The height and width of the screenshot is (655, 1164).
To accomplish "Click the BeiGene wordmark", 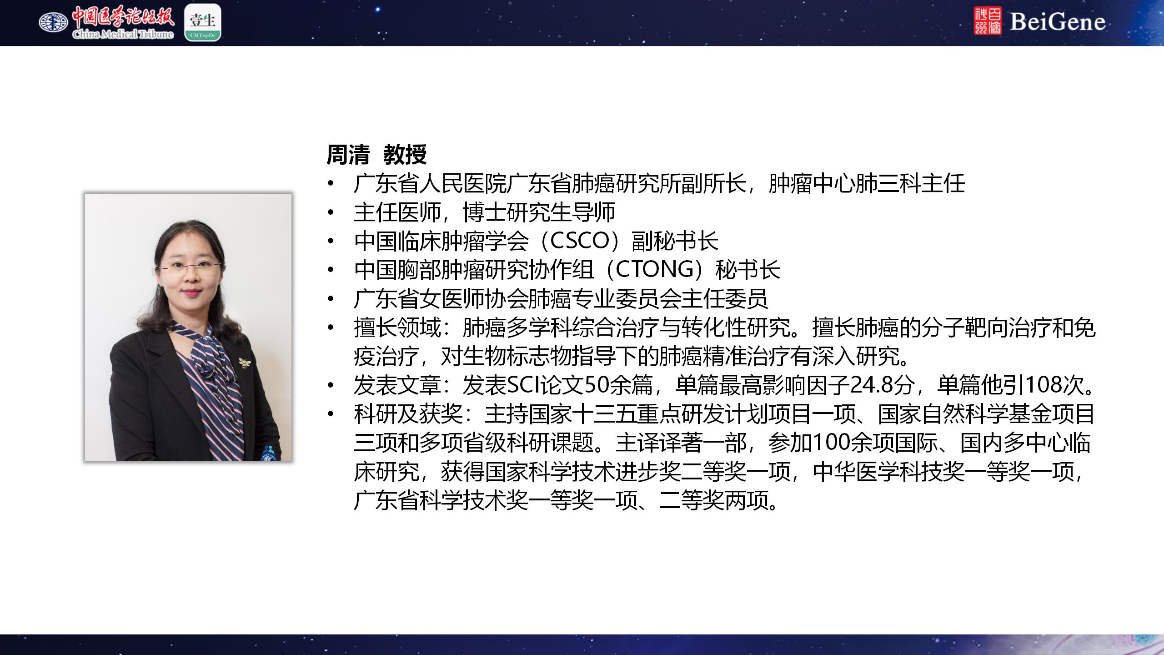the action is (x=1058, y=22).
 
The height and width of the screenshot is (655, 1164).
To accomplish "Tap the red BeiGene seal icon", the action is (x=988, y=21).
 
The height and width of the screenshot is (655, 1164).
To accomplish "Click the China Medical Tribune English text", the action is (x=123, y=34).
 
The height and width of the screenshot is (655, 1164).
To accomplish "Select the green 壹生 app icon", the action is (x=203, y=22).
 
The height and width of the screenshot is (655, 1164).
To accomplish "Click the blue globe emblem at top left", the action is (x=53, y=22).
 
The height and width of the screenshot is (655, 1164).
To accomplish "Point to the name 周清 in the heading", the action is (x=348, y=155).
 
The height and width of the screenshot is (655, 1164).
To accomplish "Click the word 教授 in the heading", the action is (x=405, y=155).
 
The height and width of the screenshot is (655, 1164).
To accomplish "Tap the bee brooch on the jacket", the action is (x=245, y=363).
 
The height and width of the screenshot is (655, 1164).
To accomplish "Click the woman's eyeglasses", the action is (x=190, y=267).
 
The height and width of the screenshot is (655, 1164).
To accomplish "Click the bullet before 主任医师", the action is (x=331, y=212).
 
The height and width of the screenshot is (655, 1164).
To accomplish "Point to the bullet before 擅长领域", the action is (x=331, y=327).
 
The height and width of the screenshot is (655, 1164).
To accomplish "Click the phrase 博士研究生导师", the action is (x=539, y=212).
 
